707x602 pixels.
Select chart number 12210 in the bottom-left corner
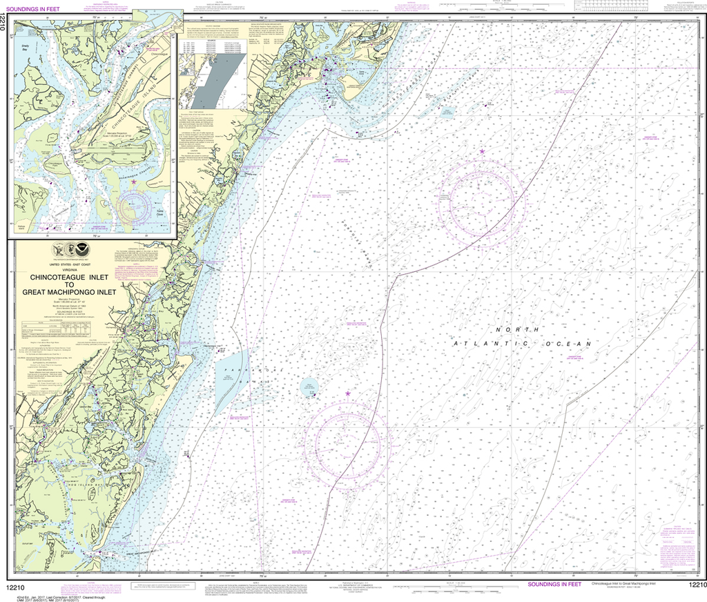coord(19,586)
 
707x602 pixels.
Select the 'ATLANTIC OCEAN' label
coord(521,343)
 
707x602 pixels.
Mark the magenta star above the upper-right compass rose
coord(482,150)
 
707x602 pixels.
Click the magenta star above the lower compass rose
coord(347,394)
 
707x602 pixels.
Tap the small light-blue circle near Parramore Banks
coord(309,387)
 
